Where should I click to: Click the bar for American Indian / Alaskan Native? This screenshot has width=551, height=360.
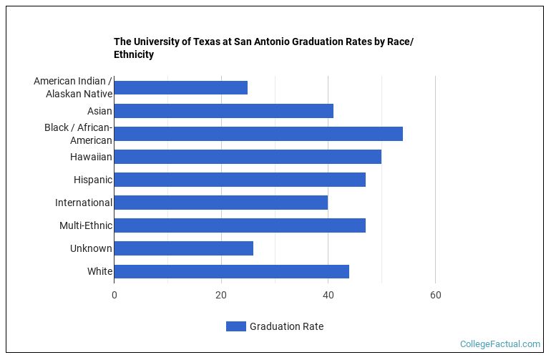180,88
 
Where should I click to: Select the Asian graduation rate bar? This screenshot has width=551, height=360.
223,111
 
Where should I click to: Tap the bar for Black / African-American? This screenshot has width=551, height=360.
258,134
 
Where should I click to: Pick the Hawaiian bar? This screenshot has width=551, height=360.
247,157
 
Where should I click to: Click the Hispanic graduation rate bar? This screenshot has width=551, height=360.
239,180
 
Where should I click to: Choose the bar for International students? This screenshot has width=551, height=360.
220,203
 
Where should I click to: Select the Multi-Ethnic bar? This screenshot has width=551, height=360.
239,225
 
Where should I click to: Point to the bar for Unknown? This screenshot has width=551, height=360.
183,248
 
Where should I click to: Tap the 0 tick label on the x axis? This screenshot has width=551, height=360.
114,295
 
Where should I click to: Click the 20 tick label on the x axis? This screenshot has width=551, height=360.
221,295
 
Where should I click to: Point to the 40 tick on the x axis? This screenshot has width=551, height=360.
328,295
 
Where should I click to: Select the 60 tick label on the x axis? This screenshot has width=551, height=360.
435,295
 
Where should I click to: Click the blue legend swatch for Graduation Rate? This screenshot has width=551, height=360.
235,326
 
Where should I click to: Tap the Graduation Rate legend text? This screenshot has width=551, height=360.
286,326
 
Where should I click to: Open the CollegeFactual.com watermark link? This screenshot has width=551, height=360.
499,344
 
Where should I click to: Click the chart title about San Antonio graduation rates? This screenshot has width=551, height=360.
263,48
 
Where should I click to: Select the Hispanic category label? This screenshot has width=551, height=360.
92,180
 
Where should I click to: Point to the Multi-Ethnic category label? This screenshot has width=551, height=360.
86,225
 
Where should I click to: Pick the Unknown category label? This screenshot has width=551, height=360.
91,248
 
